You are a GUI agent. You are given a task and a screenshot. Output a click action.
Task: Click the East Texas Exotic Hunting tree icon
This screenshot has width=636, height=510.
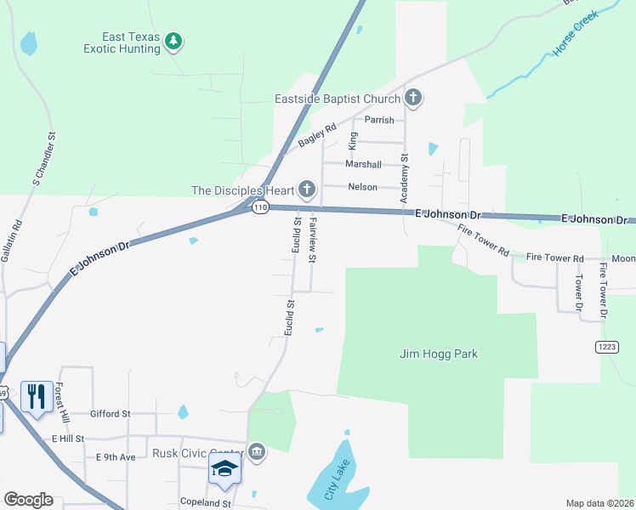(x=173, y=41)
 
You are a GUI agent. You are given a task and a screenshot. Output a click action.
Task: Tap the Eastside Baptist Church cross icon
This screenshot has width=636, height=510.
(x=413, y=98)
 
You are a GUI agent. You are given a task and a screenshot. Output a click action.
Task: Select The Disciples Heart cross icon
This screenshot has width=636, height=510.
(x=307, y=189)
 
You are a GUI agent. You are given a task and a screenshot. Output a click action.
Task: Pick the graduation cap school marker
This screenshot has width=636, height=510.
(x=224, y=469)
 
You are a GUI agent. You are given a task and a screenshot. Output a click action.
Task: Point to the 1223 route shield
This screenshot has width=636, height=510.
(x=606, y=347)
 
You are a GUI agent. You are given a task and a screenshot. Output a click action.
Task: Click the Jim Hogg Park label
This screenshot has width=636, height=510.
(x=438, y=354)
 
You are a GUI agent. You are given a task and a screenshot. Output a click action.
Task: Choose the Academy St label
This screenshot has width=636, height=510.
(x=405, y=178)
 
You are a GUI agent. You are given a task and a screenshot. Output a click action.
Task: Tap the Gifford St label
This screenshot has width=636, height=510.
(x=110, y=414)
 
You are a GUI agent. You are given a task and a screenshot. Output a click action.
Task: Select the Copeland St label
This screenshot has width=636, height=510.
(x=205, y=502)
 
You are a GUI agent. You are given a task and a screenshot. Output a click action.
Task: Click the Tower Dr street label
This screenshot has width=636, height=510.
(x=578, y=292)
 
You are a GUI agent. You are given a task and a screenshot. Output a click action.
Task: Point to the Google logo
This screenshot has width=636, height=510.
(x=28, y=500)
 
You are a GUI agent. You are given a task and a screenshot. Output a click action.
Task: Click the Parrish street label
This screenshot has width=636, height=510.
(x=379, y=120)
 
